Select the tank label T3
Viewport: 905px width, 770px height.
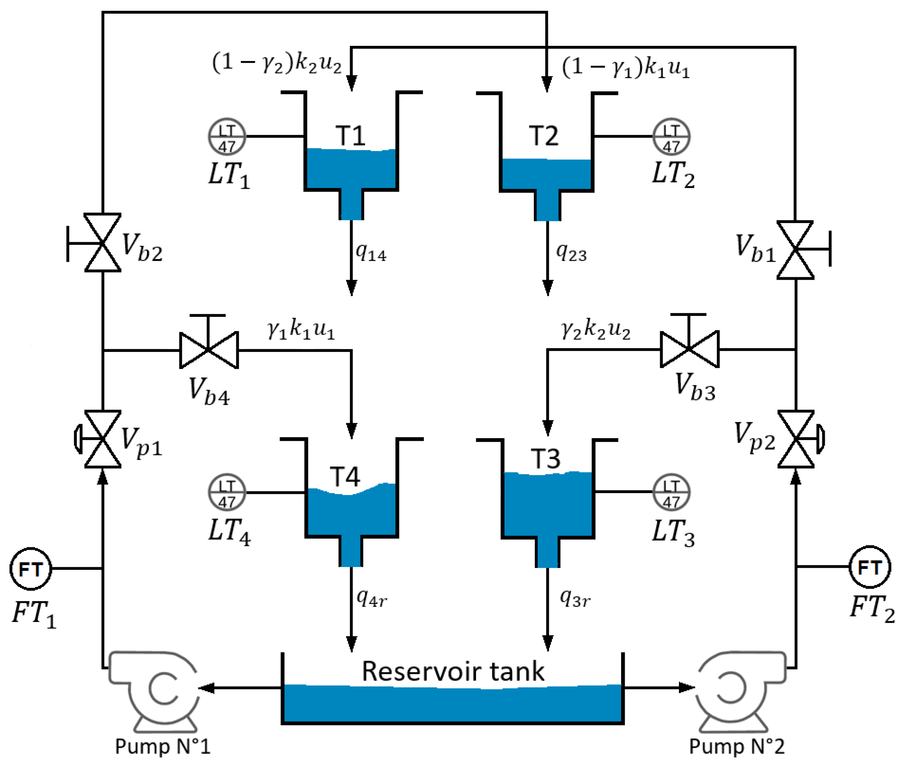coord(545,458)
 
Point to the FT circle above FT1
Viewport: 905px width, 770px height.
coord(31,569)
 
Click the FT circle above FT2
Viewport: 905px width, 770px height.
coord(870,567)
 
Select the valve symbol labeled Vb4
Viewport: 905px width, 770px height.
coord(209,350)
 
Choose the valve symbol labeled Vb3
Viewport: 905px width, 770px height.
coord(689,349)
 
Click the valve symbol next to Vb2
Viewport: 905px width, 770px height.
coord(102,243)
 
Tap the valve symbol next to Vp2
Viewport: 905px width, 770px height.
coord(796,439)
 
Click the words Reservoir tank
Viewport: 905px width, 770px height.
coord(453,671)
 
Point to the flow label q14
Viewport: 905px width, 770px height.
coord(371,252)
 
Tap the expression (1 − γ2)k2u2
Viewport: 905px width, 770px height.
coord(276,63)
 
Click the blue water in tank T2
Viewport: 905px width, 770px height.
coord(547,175)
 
